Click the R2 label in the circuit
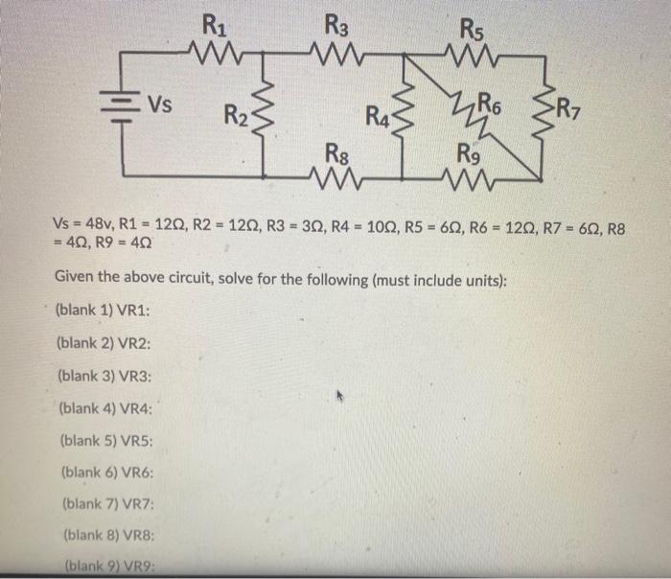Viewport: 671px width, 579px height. [x=236, y=116]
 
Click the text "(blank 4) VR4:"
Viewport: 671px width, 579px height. [x=106, y=407]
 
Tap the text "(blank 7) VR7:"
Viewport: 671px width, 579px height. [x=106, y=504]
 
